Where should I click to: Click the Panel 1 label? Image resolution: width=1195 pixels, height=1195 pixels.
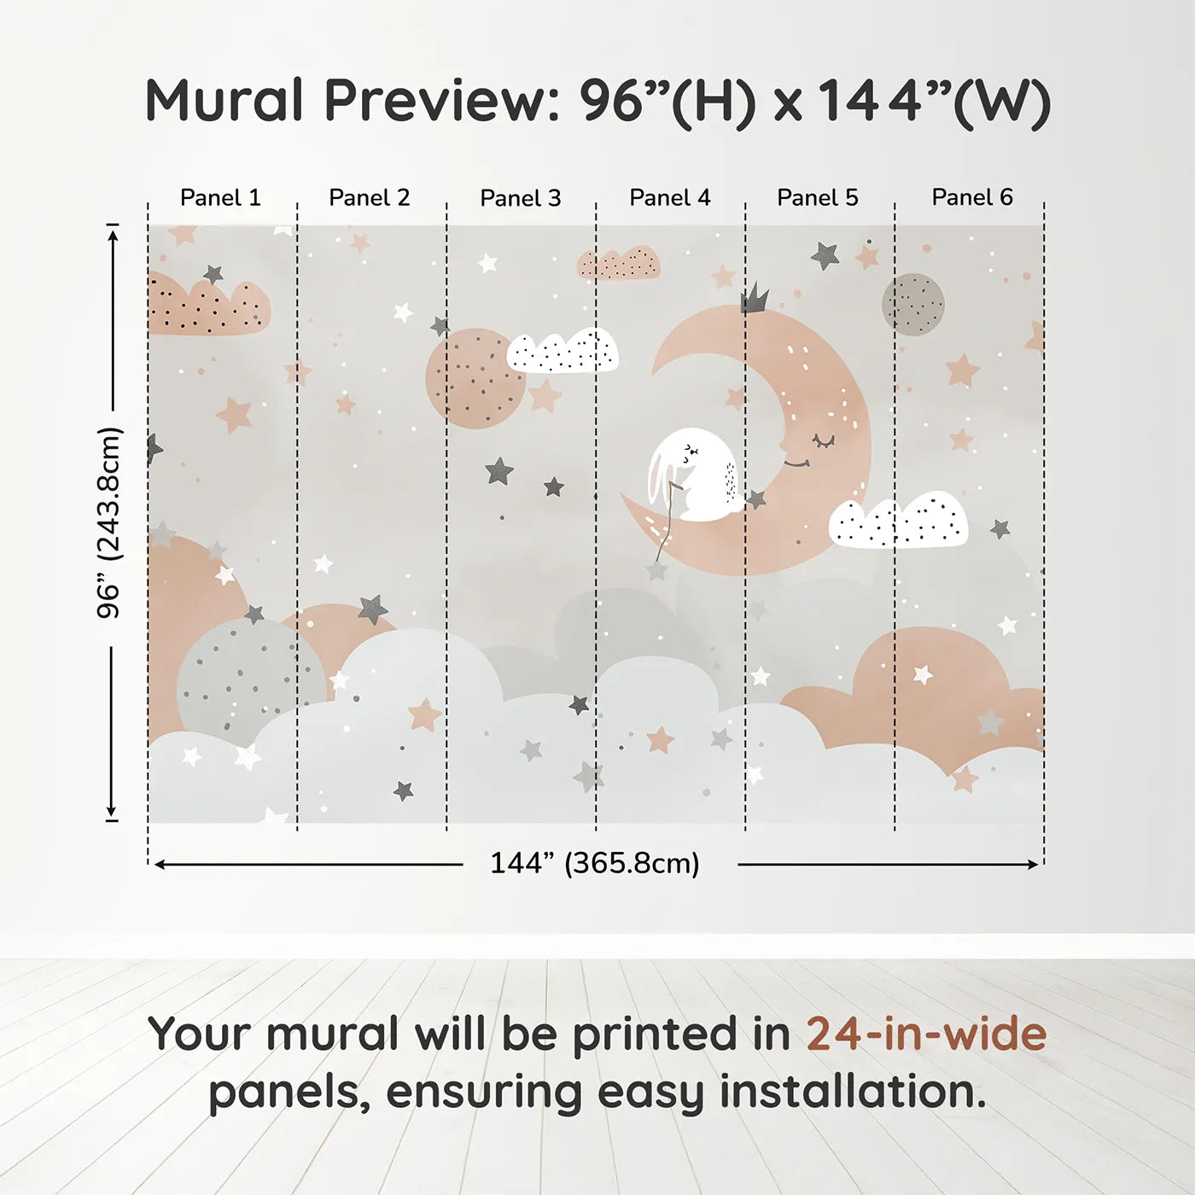coord(220,198)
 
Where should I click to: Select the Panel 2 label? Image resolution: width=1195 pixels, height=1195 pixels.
coord(369,198)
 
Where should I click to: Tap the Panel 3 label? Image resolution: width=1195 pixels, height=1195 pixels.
coord(521,198)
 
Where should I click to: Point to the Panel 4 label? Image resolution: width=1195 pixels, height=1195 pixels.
coord(670,198)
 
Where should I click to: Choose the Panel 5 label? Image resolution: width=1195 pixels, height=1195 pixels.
coord(818,198)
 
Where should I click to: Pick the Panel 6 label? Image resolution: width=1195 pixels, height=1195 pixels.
coord(971,197)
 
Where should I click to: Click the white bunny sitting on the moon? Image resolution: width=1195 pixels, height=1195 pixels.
coord(691,473)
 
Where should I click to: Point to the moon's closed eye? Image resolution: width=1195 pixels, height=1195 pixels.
coord(825,441)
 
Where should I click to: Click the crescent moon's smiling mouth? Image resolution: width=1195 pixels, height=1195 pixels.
coord(797,463)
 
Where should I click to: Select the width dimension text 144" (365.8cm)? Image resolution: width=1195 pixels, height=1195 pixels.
coord(595,863)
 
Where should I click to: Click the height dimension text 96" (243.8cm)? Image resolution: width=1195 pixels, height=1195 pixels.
coord(109,522)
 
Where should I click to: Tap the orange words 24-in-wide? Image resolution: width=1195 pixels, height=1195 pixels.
coord(926,1034)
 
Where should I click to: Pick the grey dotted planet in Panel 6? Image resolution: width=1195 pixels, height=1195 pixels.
coord(912,305)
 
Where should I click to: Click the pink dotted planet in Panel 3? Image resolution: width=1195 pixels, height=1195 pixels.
coord(476,378)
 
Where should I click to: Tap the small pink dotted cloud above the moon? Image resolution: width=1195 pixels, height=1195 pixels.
coord(618,263)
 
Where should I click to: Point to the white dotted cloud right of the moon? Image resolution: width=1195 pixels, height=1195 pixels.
coord(898,520)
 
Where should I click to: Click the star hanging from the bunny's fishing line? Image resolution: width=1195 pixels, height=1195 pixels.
coord(656,568)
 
